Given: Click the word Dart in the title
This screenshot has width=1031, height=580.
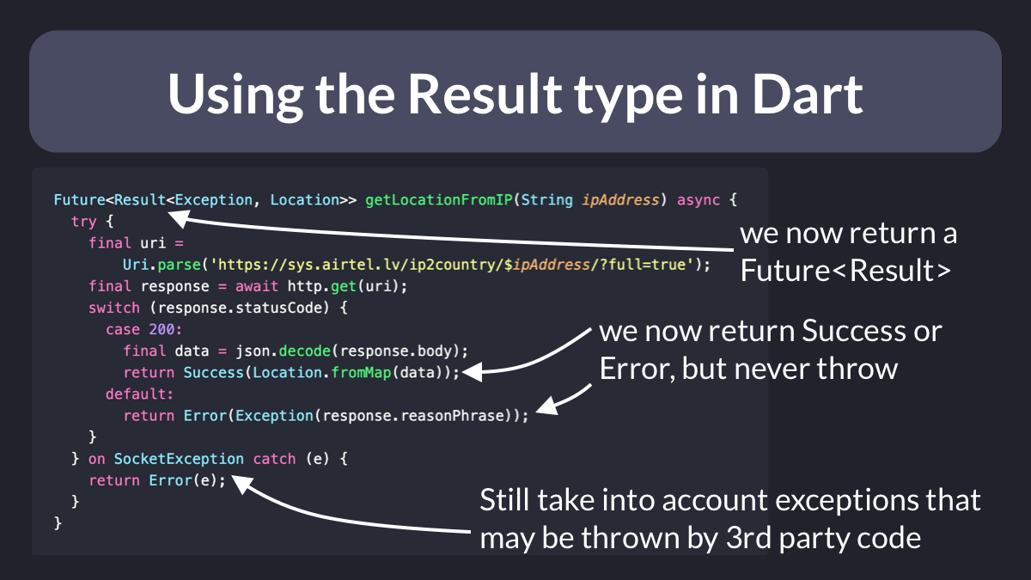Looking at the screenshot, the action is [x=808, y=95].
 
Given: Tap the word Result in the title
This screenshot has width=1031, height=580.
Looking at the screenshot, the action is [x=485, y=95].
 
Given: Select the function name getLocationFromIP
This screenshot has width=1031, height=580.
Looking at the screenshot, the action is [x=439, y=199].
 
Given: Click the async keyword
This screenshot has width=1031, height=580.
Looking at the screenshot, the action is [x=699, y=199].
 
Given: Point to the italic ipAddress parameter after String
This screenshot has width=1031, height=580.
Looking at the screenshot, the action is [x=620, y=199].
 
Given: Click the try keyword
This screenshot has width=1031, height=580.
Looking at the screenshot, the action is [x=84, y=222].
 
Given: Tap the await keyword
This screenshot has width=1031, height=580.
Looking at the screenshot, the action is [x=256, y=286].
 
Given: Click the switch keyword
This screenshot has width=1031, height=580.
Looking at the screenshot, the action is [x=113, y=308].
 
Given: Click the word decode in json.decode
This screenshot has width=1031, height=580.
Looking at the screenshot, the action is [x=305, y=351].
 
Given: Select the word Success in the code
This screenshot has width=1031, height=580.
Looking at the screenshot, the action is [x=213, y=372].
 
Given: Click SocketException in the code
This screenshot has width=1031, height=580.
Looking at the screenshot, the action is [x=179, y=459].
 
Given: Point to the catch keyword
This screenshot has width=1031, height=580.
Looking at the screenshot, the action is [x=274, y=459].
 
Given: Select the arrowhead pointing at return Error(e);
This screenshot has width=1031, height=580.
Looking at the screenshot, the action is [x=241, y=485].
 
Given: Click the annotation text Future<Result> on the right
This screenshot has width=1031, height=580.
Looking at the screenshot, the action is [x=845, y=270].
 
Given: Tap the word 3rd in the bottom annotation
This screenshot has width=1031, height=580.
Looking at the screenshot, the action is [x=748, y=538].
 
